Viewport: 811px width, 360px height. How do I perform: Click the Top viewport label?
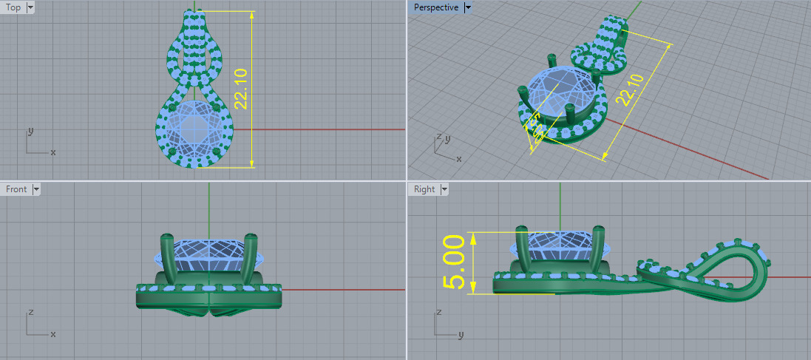point(13,7)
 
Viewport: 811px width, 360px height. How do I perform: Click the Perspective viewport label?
point(435,7)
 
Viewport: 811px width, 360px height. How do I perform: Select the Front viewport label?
point(16,189)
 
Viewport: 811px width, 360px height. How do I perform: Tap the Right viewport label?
point(424,189)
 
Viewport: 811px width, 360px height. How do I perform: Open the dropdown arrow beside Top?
point(30,7)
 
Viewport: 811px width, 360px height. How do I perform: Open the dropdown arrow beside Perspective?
point(468,7)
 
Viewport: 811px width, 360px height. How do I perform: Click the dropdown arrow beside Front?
point(35,189)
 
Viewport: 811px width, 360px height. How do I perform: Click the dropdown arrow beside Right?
point(444,189)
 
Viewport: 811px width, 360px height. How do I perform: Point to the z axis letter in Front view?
point(30,312)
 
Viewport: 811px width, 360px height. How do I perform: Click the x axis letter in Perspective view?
point(459,159)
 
